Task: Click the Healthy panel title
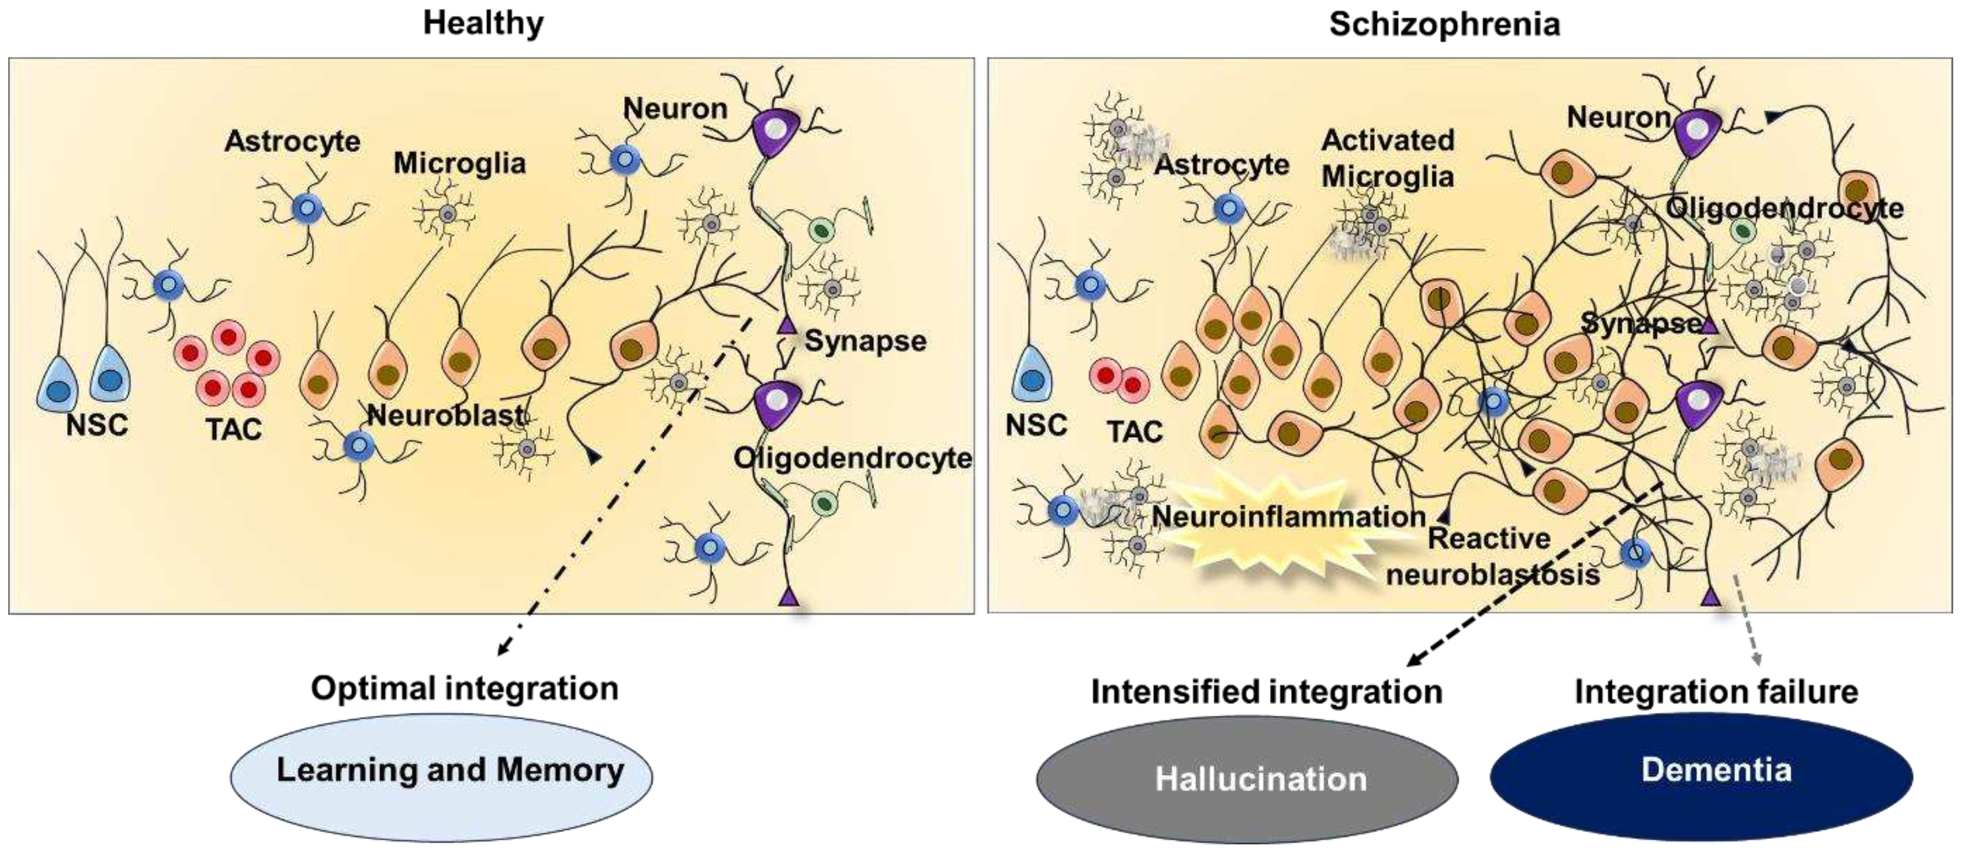(483, 23)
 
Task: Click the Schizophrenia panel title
(1444, 24)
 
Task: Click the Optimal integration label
(464, 689)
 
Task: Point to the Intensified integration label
(1267, 692)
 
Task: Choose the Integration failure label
(1716, 692)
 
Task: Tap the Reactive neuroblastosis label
(1492, 557)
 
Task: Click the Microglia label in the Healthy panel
(460, 163)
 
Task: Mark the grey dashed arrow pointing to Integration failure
(1749, 617)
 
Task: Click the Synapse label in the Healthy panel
(865, 341)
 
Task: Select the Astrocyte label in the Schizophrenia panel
(1221, 164)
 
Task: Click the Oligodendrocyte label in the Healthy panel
(852, 458)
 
